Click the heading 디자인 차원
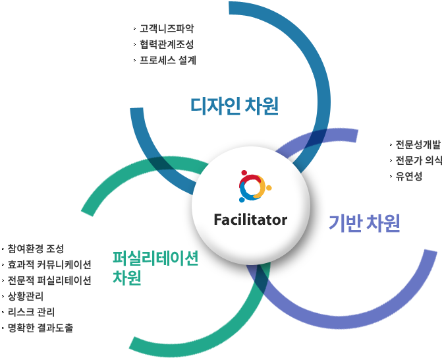coord(234,105)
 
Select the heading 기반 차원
coord(364,224)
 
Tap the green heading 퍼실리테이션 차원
coord(155,267)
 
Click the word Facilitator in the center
coord(250,220)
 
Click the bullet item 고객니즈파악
coord(167,29)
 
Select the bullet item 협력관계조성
coord(167,44)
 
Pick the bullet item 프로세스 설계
coord(168,60)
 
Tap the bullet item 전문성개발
coord(418,144)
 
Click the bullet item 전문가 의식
coord(419,160)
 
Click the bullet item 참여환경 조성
coord(36,249)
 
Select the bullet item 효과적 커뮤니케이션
coord(49,264)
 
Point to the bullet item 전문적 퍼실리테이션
coord(49,280)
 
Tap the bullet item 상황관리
coord(26,295)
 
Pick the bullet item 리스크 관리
coord(31,311)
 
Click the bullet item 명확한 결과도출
coord(40,327)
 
